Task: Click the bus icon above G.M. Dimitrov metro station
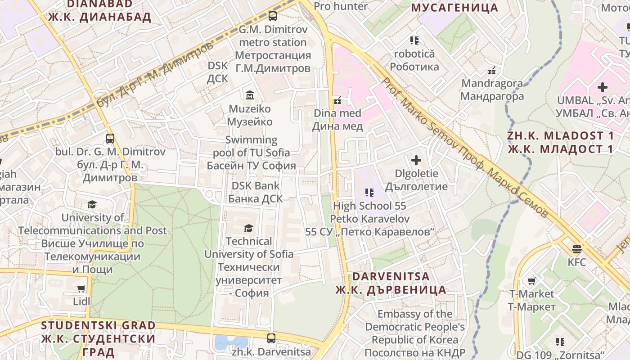point(272,16)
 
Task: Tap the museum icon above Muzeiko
point(249,95)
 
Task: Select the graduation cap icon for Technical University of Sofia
point(248,228)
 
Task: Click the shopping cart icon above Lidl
point(81,288)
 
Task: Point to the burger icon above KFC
point(576,248)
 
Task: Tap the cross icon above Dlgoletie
point(416,160)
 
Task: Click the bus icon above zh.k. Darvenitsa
point(271,338)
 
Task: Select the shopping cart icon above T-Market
point(531,281)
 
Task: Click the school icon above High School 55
point(369,193)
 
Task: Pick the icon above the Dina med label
point(337,100)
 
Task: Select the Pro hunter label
point(341,6)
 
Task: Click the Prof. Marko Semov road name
point(463,146)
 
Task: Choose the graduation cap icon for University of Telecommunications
point(92,205)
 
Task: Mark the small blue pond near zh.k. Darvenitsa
point(231,343)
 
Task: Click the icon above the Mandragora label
point(492,71)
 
